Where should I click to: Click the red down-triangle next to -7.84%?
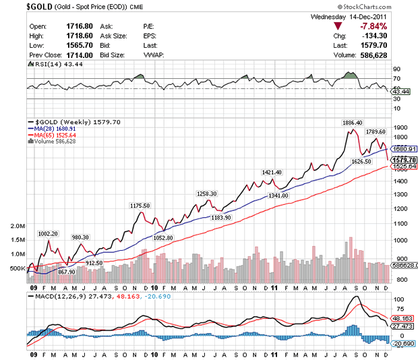338,26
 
